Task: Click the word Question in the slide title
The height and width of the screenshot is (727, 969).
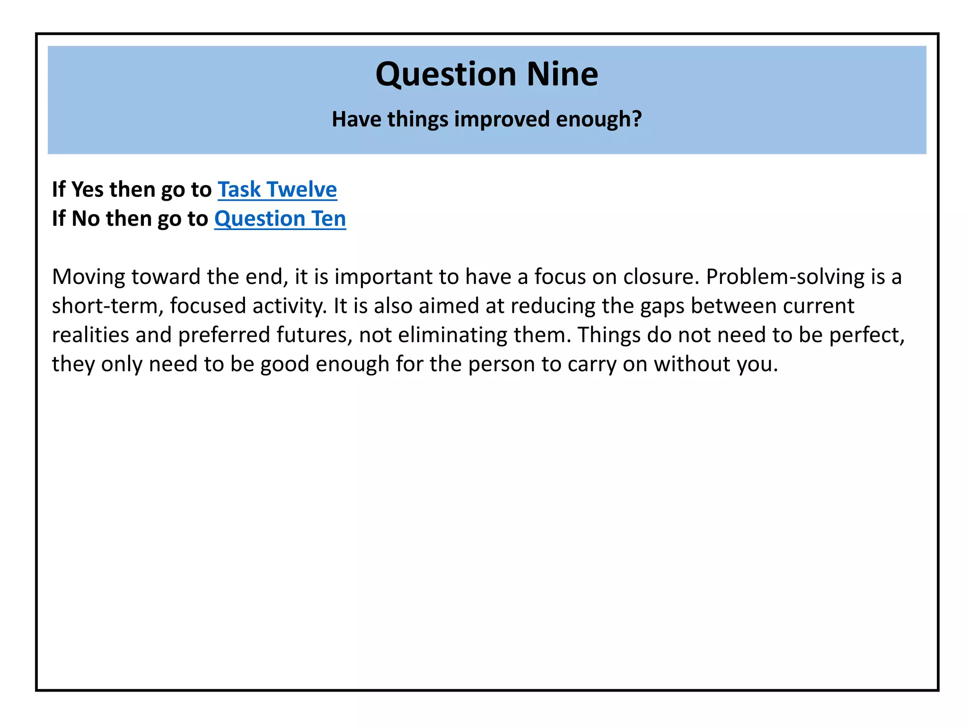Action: pos(446,75)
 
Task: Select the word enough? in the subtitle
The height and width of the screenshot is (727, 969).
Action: pos(599,119)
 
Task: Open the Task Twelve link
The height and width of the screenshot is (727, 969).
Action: pos(277,190)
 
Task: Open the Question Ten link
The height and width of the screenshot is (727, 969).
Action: pos(280,219)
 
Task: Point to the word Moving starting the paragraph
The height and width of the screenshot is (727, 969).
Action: pos(88,277)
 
